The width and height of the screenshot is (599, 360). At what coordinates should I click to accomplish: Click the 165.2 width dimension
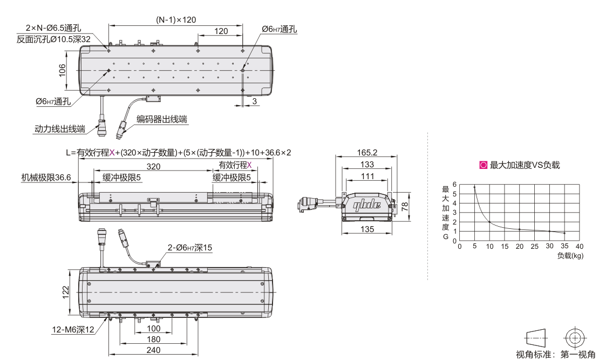[367, 153]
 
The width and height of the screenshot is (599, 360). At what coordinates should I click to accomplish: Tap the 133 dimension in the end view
[367, 164]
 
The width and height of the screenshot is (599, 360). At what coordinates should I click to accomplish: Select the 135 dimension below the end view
[367, 229]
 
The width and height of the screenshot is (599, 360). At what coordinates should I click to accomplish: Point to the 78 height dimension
[405, 207]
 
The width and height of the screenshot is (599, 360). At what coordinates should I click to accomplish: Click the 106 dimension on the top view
[62, 70]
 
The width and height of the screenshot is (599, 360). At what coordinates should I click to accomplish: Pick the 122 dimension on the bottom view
[66, 292]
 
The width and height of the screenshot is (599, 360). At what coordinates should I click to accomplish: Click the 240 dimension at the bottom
[154, 350]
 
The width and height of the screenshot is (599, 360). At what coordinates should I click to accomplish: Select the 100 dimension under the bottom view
[154, 329]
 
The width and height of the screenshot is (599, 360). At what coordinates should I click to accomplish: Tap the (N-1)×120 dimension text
[176, 20]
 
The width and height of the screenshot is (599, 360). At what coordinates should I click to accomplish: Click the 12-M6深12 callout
[73, 329]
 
